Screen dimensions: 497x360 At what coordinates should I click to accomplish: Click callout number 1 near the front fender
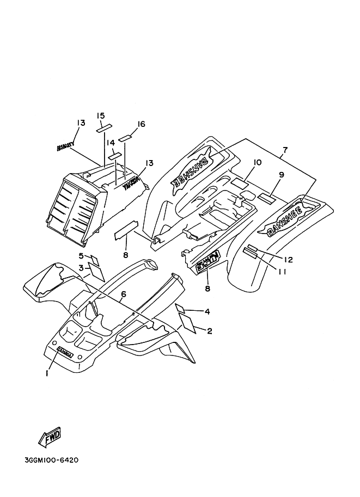point(47,373)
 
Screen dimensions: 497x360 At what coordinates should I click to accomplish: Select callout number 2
point(209,330)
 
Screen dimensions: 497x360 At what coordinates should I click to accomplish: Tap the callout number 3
point(81,267)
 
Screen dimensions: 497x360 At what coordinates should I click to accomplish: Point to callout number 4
point(207,311)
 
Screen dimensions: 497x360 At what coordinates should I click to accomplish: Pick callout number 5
point(81,256)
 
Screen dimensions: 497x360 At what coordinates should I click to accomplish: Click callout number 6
point(124,294)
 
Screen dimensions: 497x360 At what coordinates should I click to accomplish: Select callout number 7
point(284,150)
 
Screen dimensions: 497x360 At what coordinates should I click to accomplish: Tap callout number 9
point(282,175)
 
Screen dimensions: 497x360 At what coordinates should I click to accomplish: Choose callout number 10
point(258,162)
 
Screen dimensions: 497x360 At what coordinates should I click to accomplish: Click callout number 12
point(289,260)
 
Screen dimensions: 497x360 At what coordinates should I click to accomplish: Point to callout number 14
point(111,142)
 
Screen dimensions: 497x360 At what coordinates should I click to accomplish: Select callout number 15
point(101,115)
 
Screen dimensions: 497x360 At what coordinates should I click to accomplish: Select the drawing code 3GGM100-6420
point(52,460)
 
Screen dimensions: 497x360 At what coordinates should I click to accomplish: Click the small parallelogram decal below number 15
point(103,128)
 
